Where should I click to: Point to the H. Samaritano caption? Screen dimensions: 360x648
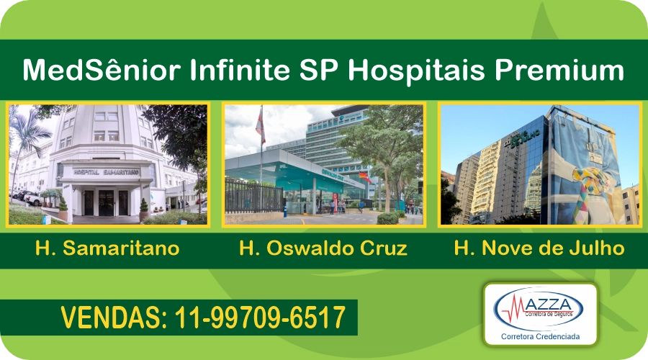click(x=107, y=249)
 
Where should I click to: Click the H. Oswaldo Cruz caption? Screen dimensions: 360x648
click(x=323, y=249)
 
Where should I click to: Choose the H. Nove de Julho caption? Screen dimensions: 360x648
click(x=539, y=249)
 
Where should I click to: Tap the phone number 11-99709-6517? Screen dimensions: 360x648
click(x=261, y=318)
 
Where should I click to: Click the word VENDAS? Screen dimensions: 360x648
click(x=112, y=318)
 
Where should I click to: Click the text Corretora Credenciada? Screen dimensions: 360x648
click(x=540, y=336)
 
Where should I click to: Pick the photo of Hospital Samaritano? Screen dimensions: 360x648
click(x=108, y=165)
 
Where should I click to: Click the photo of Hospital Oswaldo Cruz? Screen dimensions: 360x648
click(x=323, y=165)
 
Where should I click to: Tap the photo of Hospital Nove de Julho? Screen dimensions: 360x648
click(x=539, y=165)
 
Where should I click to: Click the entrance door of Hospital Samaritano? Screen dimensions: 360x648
click(x=106, y=202)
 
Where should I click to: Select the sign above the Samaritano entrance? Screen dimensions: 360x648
click(x=106, y=172)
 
